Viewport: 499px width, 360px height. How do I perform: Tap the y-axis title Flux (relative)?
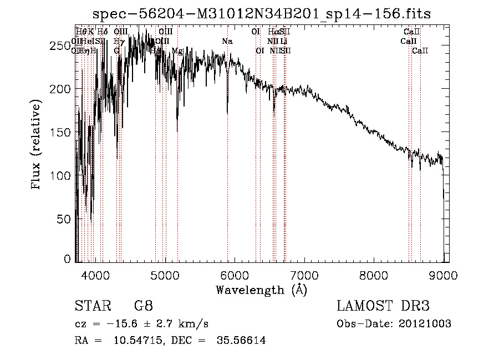pyautogui.click(x=37, y=146)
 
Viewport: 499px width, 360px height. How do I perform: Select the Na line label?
pyautogui.click(x=227, y=41)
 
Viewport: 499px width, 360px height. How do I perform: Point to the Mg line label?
pyautogui.click(x=177, y=50)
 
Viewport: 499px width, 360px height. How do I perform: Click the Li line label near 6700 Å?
pyautogui.click(x=283, y=41)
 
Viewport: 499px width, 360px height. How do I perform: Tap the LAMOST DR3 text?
pyautogui.click(x=383, y=306)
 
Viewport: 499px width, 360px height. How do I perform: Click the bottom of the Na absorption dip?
pyautogui.click(x=227, y=113)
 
